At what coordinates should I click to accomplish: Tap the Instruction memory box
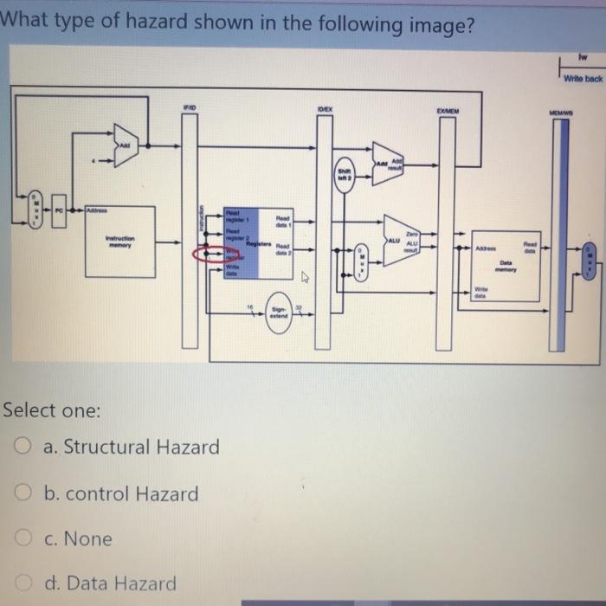(119, 242)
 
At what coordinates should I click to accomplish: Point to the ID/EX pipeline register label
(326, 110)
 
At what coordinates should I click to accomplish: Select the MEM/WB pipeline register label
(560, 113)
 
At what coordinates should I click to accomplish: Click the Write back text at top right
(582, 79)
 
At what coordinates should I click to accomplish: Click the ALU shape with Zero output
(400, 240)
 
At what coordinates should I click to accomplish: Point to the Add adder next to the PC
(126, 146)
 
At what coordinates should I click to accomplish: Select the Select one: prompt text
(52, 409)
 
